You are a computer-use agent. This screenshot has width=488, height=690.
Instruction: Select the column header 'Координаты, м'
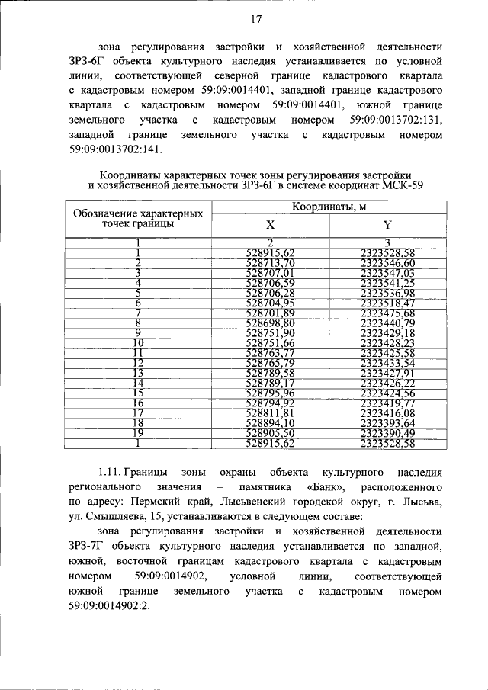329,208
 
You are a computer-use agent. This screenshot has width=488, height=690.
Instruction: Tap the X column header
270,226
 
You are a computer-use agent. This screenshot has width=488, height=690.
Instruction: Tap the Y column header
387,226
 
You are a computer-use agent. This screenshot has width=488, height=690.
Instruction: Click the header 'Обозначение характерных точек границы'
137,218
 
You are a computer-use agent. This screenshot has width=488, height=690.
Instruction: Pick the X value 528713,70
271,263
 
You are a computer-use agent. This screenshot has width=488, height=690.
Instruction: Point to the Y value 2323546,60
387,263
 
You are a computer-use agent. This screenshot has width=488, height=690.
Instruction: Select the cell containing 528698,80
271,323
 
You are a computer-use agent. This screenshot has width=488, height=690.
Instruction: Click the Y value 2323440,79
387,323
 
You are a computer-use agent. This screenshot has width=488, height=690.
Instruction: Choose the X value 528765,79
271,362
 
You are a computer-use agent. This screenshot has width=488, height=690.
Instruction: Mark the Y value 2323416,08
387,412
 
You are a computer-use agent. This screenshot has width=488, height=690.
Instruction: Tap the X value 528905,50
271,432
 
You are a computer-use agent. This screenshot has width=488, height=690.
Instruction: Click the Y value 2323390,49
387,432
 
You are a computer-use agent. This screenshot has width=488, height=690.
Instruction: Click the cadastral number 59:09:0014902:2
111,605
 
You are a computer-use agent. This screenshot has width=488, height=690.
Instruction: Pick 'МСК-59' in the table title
402,185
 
